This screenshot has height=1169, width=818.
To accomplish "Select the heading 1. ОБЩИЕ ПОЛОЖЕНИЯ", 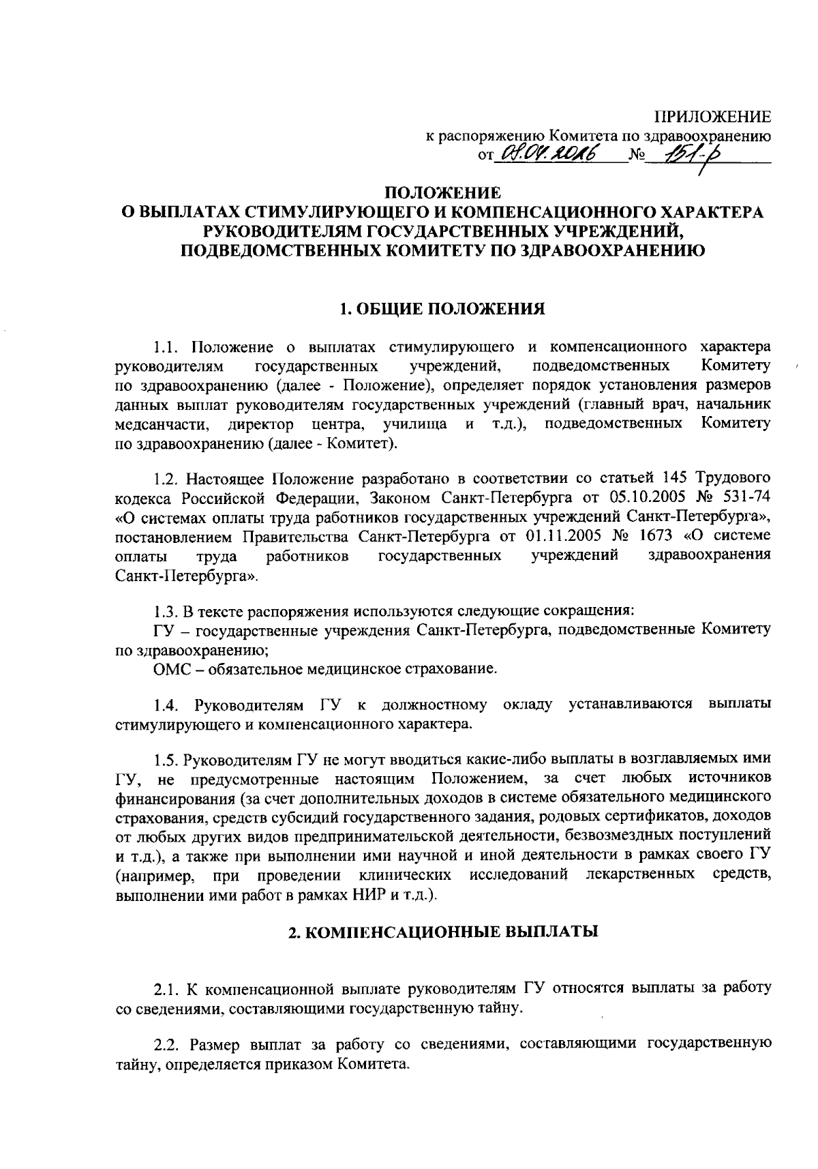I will pos(442,310).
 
